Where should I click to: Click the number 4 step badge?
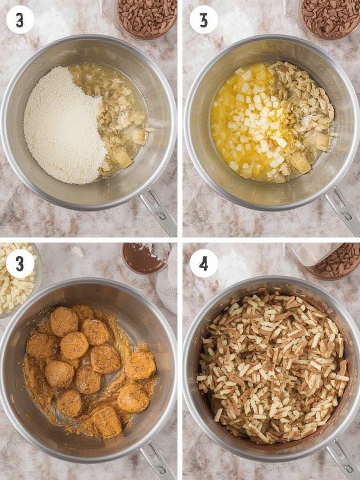[203, 263]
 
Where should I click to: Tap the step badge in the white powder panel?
[20, 20]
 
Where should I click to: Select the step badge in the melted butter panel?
[203, 20]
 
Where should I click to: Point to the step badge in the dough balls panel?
[20, 263]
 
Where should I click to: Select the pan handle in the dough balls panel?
[157, 460]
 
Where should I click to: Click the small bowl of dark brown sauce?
[144, 258]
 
